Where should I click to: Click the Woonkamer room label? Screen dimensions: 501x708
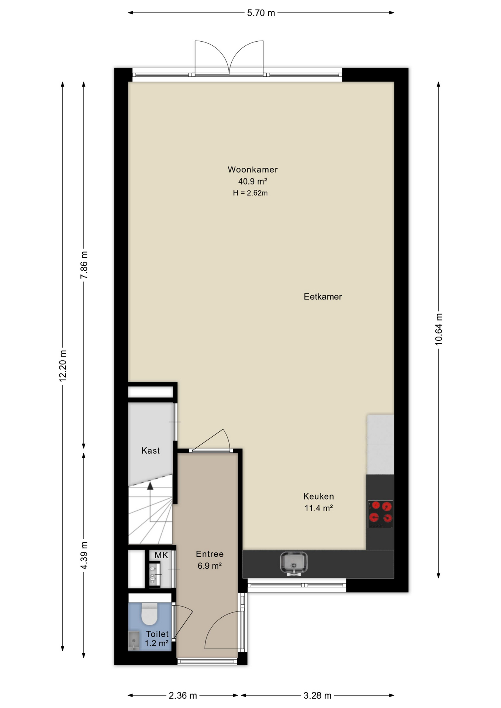click(252, 170)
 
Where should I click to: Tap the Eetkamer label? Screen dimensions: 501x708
click(323, 296)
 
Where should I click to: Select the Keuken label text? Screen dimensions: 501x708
click(318, 496)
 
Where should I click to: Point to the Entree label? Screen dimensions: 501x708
click(210, 554)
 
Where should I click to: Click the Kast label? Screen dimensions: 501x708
click(151, 450)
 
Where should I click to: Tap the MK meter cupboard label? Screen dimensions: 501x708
click(161, 555)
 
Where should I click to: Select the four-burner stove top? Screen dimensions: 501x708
click(380, 514)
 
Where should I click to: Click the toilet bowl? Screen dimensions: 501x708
click(149, 614)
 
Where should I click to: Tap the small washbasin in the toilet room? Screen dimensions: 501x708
click(134, 640)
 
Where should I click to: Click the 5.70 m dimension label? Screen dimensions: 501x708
click(261, 13)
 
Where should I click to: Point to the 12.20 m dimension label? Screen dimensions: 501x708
click(63, 365)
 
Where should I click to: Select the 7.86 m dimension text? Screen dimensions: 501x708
click(84, 265)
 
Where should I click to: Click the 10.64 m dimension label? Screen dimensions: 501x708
click(438, 329)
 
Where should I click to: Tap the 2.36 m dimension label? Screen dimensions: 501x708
click(183, 695)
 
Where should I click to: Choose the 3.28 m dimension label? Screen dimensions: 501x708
click(317, 695)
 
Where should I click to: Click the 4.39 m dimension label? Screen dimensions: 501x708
click(84, 555)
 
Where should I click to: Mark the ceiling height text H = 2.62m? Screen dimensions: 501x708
click(250, 193)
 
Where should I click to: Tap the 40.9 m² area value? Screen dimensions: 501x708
click(252, 181)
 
